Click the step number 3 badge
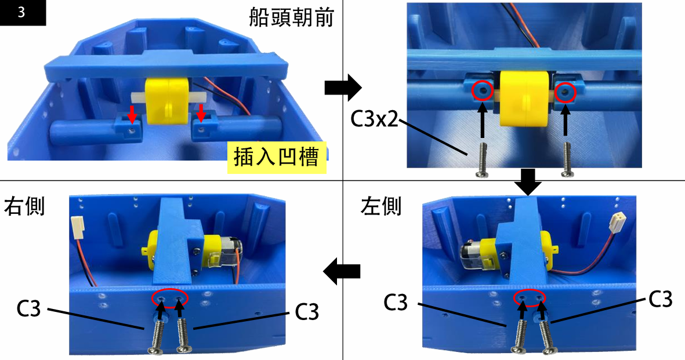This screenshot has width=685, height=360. [22, 13]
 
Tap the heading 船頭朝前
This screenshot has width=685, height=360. [291, 19]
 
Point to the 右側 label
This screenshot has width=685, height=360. [25, 206]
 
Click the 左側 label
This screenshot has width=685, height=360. [380, 206]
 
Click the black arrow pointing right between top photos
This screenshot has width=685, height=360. [342, 88]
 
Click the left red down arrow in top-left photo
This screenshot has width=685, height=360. [133, 114]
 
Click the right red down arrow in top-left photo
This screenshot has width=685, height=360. [201, 113]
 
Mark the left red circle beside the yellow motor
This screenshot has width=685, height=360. [483, 90]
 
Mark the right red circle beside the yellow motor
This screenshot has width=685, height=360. [566, 91]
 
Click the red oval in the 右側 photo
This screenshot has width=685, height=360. [171, 298]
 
